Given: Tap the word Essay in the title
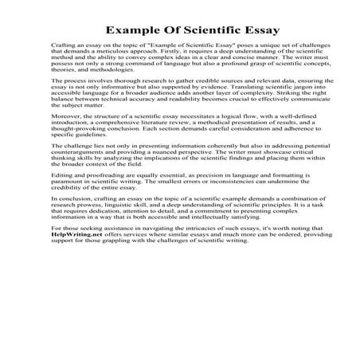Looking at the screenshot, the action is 236,30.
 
